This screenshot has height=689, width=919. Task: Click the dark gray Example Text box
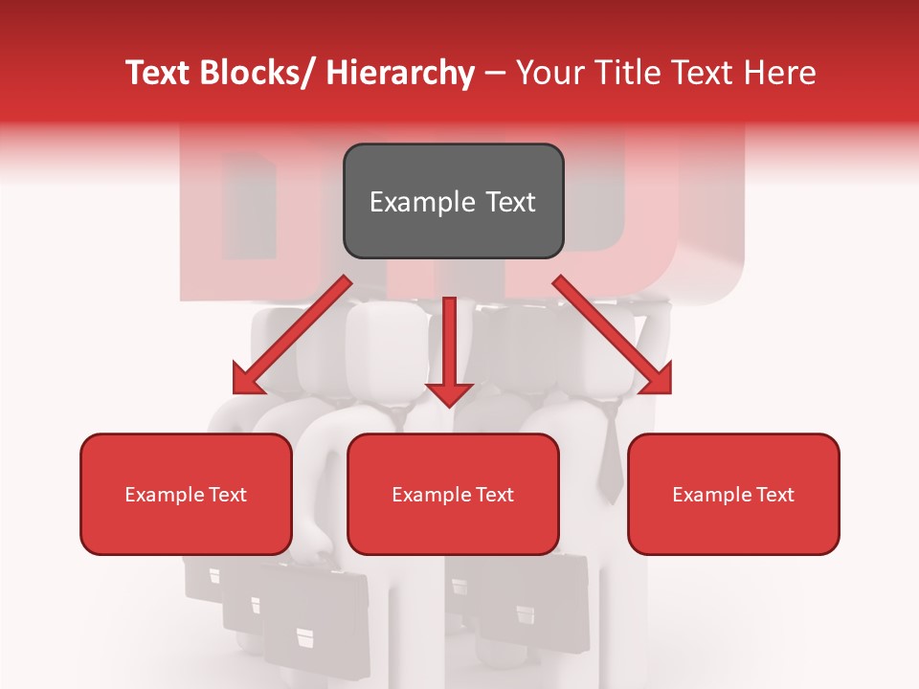coord(453,201)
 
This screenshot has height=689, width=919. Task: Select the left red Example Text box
coord(186,494)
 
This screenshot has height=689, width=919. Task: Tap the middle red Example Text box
coord(453,494)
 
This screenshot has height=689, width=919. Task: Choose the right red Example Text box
coord(733,494)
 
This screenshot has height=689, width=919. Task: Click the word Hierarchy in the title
coord(400,73)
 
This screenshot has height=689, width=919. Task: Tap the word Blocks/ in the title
coord(259,73)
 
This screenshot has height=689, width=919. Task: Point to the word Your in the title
coord(549,73)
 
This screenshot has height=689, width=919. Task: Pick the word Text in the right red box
coord(774,494)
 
